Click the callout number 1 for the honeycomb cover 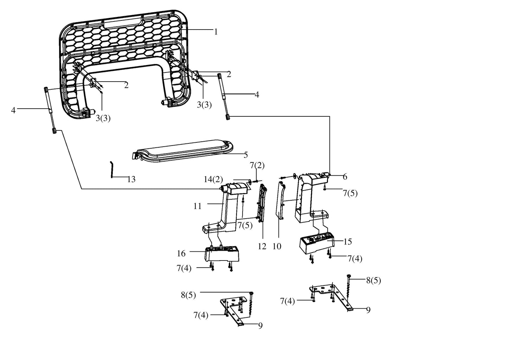pyautogui.click(x=216, y=32)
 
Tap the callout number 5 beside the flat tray pyautogui.click(x=246, y=155)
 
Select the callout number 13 pyautogui.click(x=131, y=179)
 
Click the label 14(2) pyautogui.click(x=213, y=179)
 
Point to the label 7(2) pyautogui.click(x=257, y=165)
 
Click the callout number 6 pyautogui.click(x=345, y=177)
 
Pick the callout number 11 pyautogui.click(x=197, y=206)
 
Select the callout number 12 pyautogui.click(x=262, y=246)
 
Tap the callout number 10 pyautogui.click(x=277, y=246)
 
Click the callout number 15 pyautogui.click(x=348, y=242)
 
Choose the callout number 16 pyautogui.click(x=181, y=253)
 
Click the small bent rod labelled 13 pyautogui.click(x=112, y=170)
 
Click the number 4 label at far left pyautogui.click(x=13, y=110)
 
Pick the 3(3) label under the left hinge pyautogui.click(x=103, y=118)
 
